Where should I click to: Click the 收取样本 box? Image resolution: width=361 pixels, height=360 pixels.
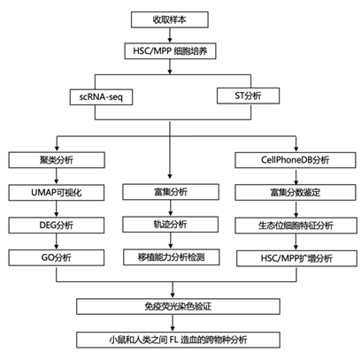pos(170,19)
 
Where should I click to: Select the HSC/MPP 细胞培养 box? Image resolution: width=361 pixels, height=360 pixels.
pos(170,51)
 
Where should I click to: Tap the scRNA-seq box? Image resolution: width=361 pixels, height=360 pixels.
pos(101,96)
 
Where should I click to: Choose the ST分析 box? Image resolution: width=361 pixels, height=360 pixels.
pos(248,96)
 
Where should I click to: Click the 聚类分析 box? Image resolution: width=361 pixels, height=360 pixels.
pos(57,160)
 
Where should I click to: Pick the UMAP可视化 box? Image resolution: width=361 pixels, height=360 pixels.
pos(57,193)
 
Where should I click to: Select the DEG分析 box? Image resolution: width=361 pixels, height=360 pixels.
pos(57,226)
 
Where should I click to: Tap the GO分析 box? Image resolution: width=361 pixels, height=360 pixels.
pos(57,257)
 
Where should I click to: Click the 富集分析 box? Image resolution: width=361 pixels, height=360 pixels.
pos(171,192)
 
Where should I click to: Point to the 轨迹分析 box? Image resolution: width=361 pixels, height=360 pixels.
pos(171,225)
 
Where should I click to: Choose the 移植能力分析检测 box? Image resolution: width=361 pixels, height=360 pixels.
pos(172,257)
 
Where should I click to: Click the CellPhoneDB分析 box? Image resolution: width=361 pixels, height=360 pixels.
pos(296,160)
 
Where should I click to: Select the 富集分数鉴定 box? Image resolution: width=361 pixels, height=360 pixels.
pos(296,193)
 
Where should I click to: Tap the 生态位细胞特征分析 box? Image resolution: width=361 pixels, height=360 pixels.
pos(296,226)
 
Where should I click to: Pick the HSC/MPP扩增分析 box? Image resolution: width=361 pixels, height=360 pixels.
pos(296,258)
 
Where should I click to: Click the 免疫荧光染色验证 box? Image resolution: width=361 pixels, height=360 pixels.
pos(178,306)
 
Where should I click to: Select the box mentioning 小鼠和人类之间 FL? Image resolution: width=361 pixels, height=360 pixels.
pos(178,340)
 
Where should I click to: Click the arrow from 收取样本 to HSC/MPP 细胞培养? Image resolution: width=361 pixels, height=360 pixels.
pos(170,35)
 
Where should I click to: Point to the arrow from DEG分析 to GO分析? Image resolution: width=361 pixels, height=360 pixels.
pos(57,241)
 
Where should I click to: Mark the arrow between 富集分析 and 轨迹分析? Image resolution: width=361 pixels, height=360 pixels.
pos(171,208)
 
